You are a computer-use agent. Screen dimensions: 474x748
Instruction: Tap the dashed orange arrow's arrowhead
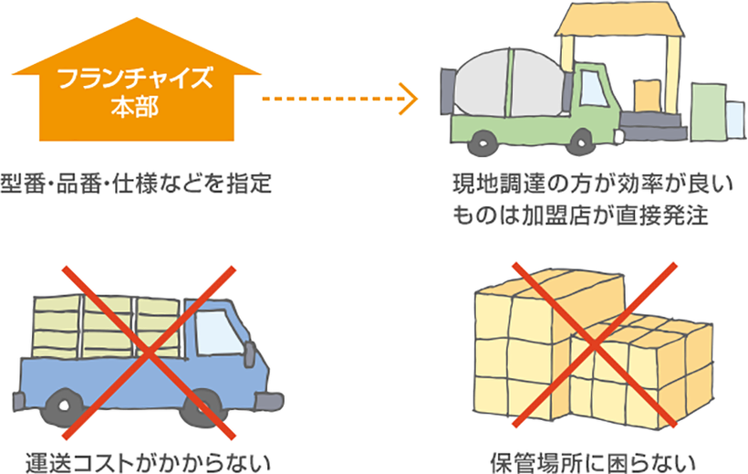click(x=410, y=97)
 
